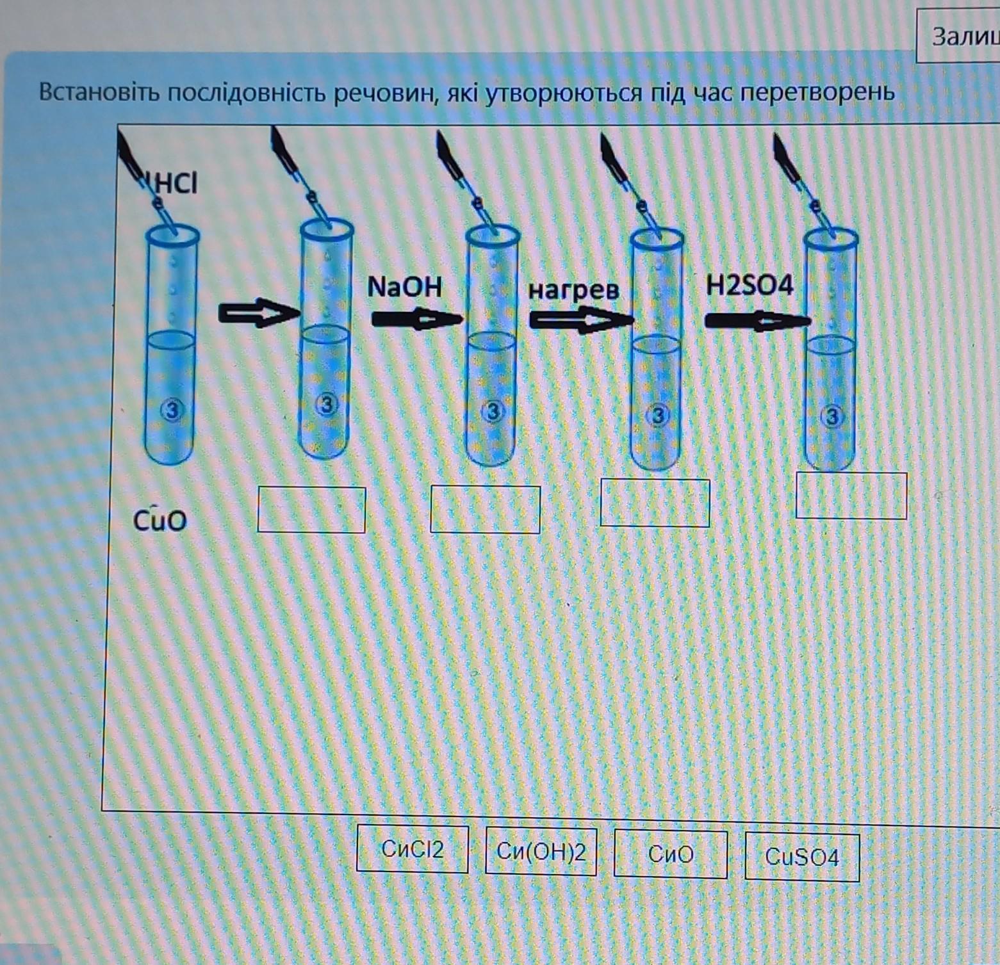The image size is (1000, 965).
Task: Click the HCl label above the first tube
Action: (x=173, y=184)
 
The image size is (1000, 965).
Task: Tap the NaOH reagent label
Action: (x=405, y=287)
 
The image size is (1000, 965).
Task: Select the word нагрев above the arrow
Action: (x=574, y=290)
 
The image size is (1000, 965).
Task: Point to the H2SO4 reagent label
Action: (x=750, y=285)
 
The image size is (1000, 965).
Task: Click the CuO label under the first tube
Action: (x=160, y=519)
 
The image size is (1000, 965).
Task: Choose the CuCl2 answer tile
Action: (x=413, y=849)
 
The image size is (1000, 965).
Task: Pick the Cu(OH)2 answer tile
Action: (x=541, y=851)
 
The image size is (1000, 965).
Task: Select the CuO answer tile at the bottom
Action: (x=671, y=854)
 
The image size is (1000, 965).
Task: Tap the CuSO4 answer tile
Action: (x=802, y=857)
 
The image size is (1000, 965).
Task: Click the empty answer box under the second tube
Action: (x=311, y=510)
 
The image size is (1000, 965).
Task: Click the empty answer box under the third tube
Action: (x=485, y=510)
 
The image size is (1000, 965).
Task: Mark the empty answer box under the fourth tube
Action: (x=655, y=503)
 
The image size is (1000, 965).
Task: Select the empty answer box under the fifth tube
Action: (x=851, y=495)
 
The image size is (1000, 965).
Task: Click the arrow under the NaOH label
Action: (x=416, y=318)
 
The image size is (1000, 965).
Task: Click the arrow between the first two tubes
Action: (x=259, y=313)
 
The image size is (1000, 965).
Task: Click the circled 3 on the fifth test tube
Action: (x=832, y=417)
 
